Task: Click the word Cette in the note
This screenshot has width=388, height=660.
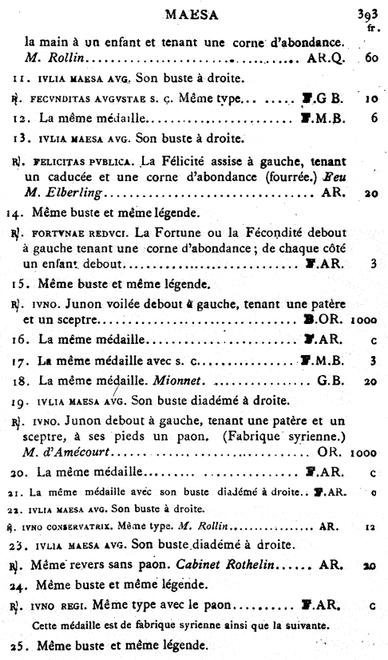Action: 48,624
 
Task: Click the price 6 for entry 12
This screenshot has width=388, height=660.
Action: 374,119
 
